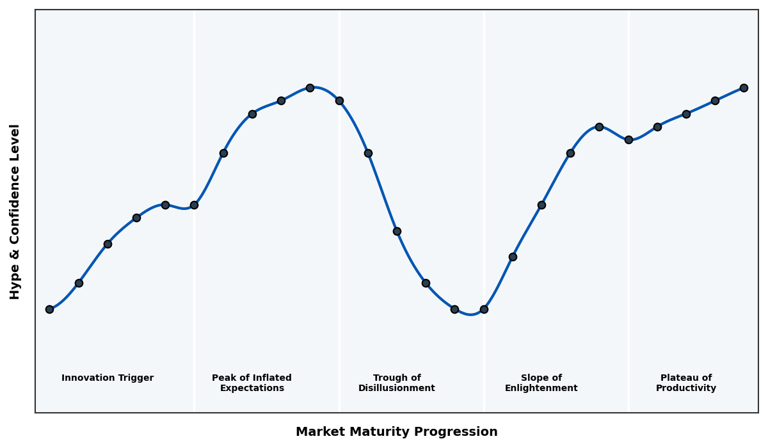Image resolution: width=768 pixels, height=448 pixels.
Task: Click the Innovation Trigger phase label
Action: pyautogui.click(x=108, y=378)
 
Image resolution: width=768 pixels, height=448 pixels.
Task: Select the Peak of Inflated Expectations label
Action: pyautogui.click(x=252, y=383)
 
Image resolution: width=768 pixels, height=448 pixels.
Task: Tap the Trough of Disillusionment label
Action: pyautogui.click(x=397, y=383)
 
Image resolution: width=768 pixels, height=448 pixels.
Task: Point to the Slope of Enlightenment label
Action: pyautogui.click(x=541, y=383)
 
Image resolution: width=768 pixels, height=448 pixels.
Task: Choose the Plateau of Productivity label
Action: pyautogui.click(x=686, y=383)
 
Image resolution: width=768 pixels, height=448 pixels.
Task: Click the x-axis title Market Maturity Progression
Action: pyautogui.click(x=397, y=432)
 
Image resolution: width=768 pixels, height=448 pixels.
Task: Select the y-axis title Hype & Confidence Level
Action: pyautogui.click(x=15, y=211)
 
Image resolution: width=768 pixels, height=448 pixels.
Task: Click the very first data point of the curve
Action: pyautogui.click(x=49, y=309)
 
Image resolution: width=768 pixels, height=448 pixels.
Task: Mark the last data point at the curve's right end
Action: pyautogui.click(x=744, y=88)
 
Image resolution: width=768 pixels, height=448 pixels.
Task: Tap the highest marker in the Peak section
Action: pyautogui.click(x=310, y=88)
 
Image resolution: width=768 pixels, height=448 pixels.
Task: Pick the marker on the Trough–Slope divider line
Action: pyautogui.click(x=484, y=309)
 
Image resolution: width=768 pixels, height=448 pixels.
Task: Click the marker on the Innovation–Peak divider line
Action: pyautogui.click(x=194, y=205)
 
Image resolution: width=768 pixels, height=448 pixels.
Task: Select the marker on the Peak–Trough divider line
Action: pyautogui.click(x=339, y=100)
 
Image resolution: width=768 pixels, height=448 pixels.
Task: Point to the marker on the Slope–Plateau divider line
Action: pyautogui.click(x=628, y=140)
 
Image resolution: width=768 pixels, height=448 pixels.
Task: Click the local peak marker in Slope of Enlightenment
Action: pyautogui.click(x=599, y=127)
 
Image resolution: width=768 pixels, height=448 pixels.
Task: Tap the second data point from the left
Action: pyautogui.click(x=79, y=283)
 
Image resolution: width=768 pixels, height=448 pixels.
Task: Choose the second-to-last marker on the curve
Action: pyautogui.click(x=715, y=100)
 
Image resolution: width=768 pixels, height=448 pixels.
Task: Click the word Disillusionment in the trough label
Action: pyautogui.click(x=397, y=388)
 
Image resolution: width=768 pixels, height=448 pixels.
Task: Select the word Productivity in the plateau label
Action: pyautogui.click(x=686, y=388)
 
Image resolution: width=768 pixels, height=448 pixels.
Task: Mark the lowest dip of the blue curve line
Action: pyautogui.click(x=471, y=314)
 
